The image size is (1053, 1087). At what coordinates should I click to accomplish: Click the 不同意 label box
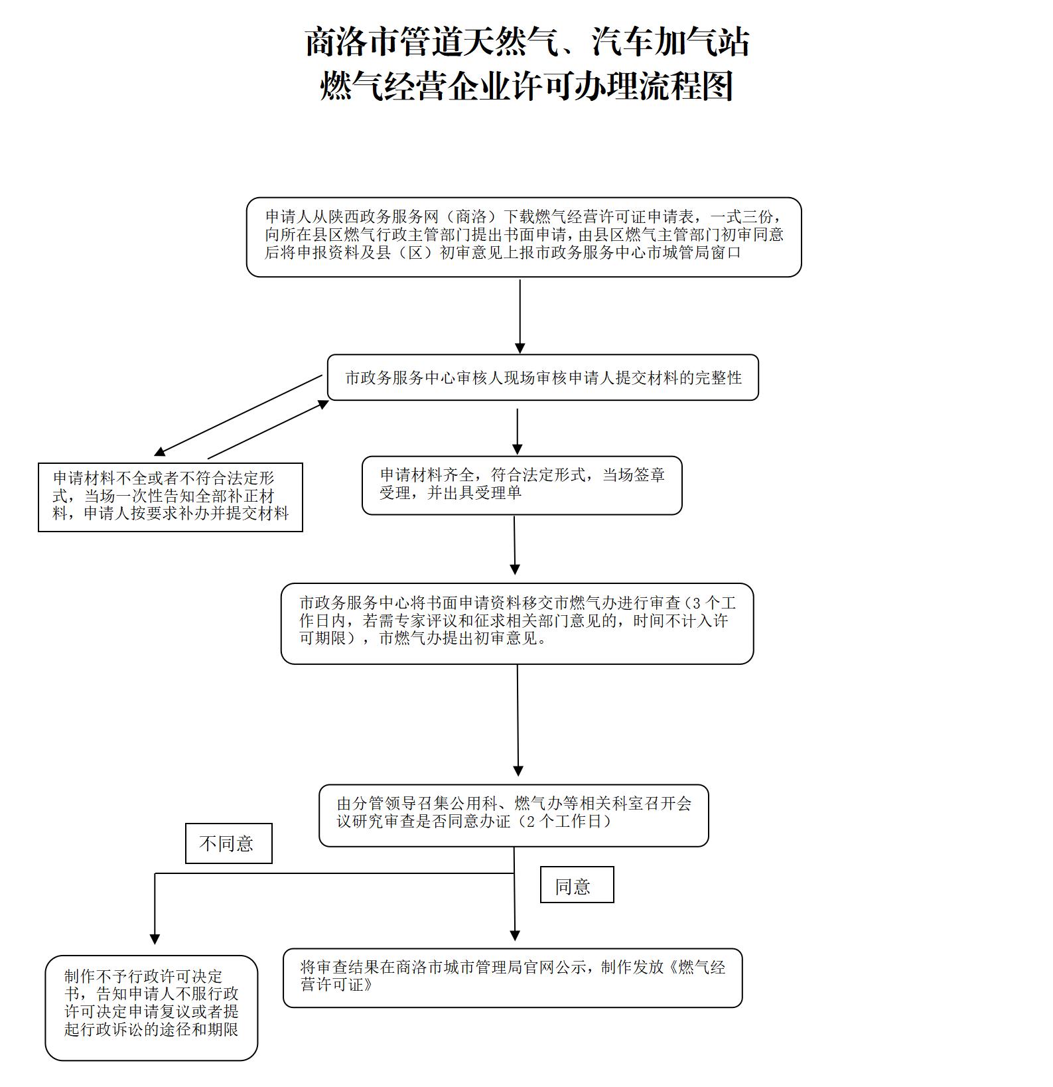pos(228,843)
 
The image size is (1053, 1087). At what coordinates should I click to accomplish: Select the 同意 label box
pos(577,885)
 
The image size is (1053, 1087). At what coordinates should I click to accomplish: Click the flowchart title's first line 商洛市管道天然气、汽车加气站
pos(527,42)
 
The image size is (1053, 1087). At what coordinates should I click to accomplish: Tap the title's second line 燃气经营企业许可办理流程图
pos(527,86)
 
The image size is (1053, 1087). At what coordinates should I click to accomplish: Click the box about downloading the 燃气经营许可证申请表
pos(524,237)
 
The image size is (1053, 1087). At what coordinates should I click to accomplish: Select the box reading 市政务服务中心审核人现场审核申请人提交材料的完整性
pos(543,378)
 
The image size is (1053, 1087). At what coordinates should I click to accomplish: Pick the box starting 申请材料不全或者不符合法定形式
pos(171,497)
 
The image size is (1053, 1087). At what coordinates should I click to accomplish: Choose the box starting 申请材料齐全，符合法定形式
pos(522,485)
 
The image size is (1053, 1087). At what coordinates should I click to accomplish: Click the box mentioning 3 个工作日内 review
pos(517,624)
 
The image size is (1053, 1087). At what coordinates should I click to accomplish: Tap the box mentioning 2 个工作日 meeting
pos(514,816)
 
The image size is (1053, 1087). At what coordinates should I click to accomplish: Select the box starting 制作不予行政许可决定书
pos(151,1007)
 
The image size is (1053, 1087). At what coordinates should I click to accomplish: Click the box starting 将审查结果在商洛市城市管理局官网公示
pos(512,978)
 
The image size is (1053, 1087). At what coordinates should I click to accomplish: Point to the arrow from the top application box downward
pos(520,317)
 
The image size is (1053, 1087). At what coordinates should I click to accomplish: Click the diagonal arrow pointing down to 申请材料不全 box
pos(238,415)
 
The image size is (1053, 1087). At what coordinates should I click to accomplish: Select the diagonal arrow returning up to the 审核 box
pos(268,429)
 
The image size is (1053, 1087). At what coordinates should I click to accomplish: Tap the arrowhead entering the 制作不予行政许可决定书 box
pos(155,940)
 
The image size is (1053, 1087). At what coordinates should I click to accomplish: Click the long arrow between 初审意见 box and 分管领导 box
pos(518,721)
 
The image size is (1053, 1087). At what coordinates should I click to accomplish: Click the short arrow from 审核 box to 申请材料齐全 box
pos(517,431)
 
